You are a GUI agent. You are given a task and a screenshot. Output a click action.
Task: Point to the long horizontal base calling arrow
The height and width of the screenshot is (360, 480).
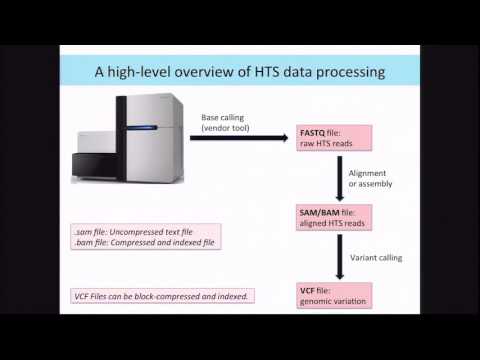pyautogui.click(x=239, y=137)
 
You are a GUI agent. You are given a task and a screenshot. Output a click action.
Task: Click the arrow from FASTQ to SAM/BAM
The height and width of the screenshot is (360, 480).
pyautogui.click(x=340, y=174)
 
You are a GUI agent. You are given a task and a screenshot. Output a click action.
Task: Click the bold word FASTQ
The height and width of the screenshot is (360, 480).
pyautogui.click(x=314, y=131)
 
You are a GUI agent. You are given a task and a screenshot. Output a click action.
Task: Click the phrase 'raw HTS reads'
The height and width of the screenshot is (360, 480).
pyautogui.click(x=334, y=142)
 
